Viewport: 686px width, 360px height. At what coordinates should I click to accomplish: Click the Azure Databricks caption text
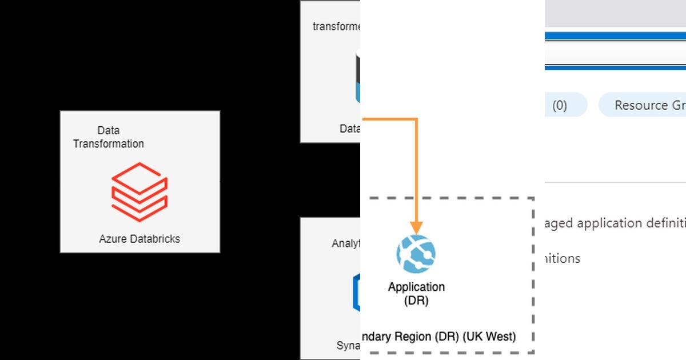(x=139, y=239)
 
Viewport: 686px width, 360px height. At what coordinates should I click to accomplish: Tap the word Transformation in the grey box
(x=109, y=143)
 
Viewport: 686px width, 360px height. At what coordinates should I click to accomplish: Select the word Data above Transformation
(x=108, y=131)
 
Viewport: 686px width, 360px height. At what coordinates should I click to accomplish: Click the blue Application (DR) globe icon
(x=416, y=254)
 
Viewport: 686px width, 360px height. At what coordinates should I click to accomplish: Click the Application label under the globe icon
(x=416, y=287)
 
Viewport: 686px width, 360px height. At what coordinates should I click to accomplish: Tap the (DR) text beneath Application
(x=416, y=301)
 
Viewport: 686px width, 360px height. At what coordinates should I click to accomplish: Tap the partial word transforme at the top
(x=337, y=26)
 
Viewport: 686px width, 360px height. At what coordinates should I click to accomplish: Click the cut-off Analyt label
(x=346, y=243)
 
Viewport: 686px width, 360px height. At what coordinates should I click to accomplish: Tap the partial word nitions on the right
(x=563, y=258)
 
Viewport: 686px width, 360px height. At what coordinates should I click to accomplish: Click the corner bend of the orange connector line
(x=417, y=119)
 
